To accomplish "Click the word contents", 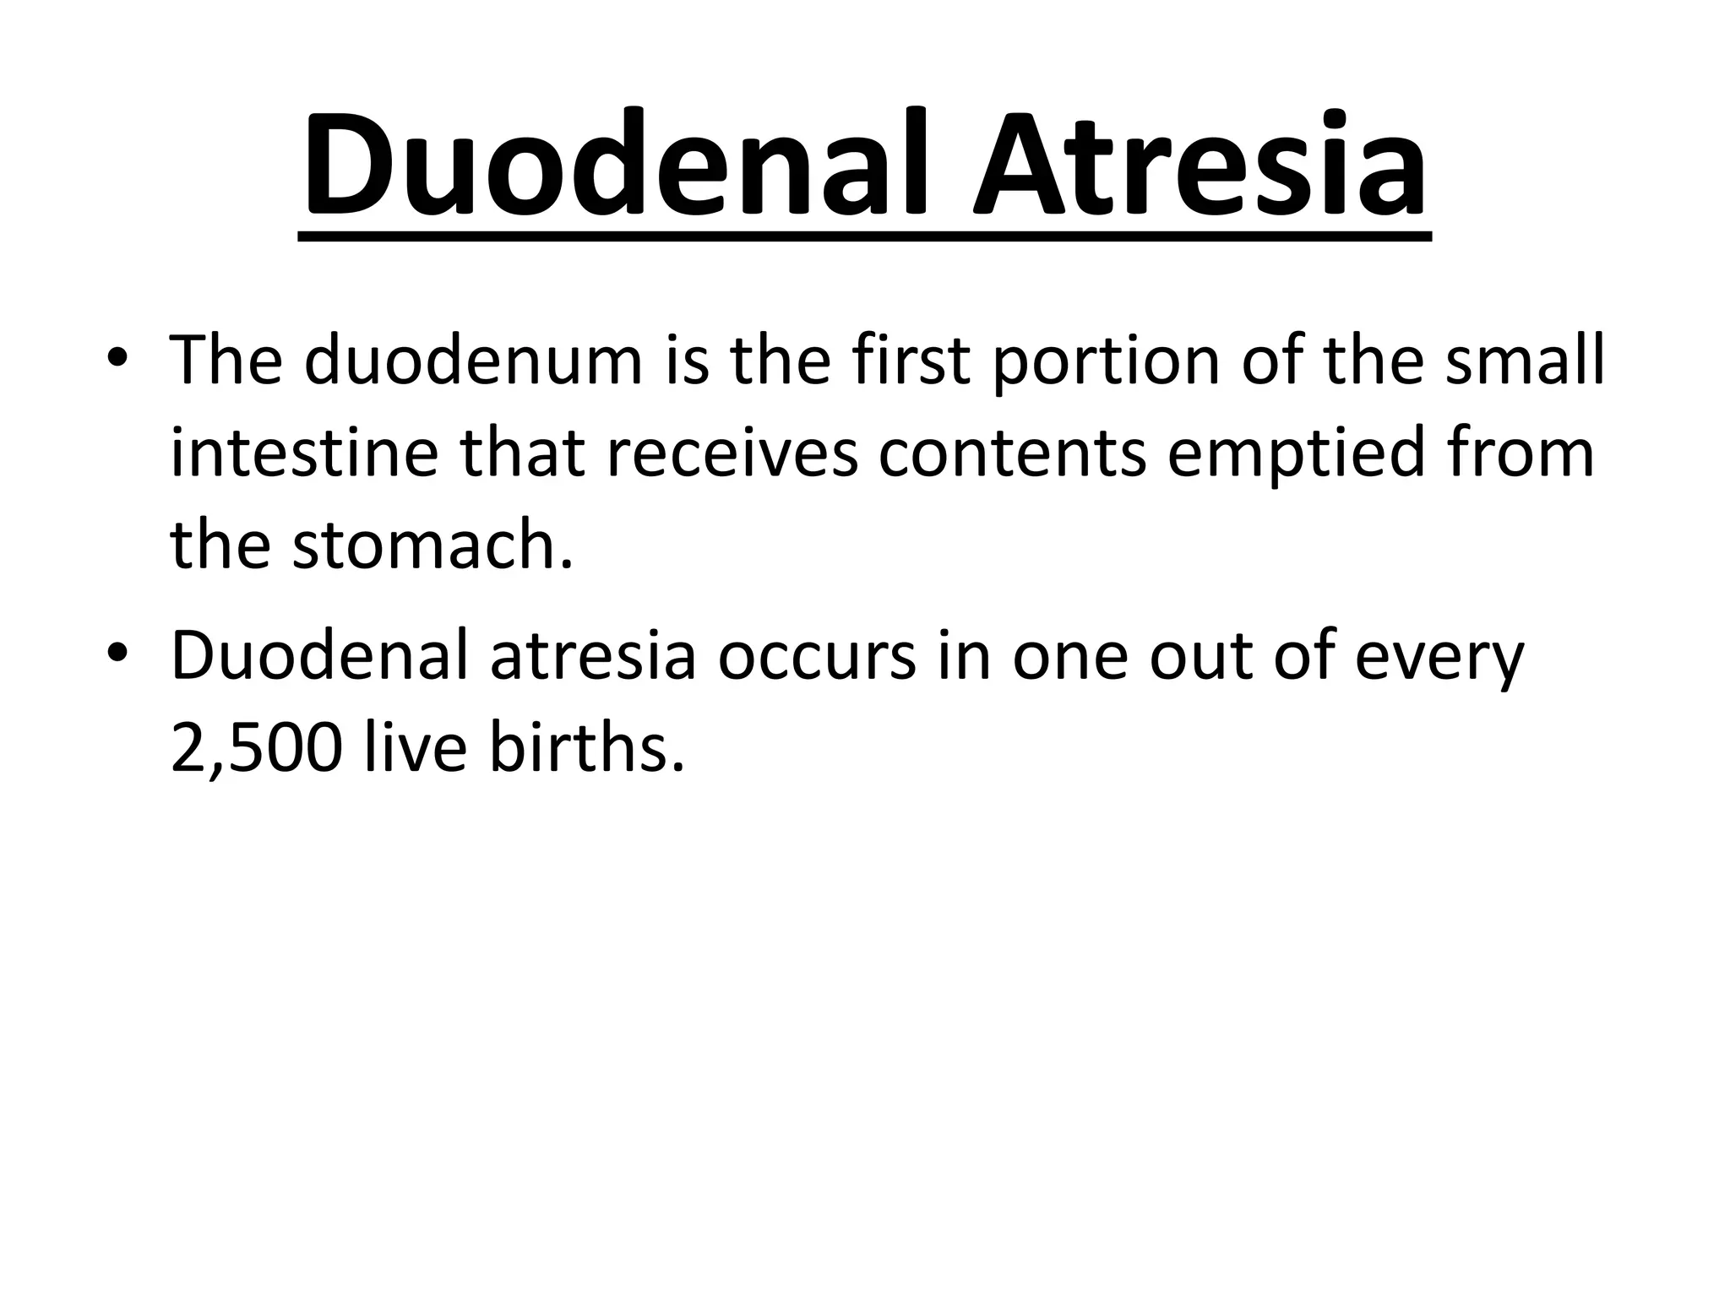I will point(1013,454).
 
